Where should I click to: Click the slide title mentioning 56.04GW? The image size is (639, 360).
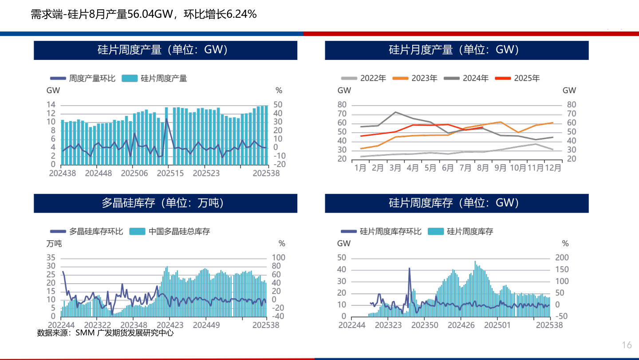click(x=144, y=14)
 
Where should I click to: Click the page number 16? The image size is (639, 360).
click(x=627, y=345)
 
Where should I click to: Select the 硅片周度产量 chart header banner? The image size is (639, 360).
click(x=166, y=50)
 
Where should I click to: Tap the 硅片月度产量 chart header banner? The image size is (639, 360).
click(x=457, y=50)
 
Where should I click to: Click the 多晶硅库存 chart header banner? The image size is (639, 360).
click(x=166, y=203)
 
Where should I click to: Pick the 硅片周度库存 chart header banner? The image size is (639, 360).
click(x=457, y=203)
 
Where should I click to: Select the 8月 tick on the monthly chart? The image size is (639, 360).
click(x=483, y=168)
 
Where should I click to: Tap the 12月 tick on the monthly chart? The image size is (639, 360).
click(x=552, y=168)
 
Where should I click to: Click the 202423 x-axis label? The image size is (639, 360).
click(x=170, y=325)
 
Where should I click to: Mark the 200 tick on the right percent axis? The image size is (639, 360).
click(x=562, y=258)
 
